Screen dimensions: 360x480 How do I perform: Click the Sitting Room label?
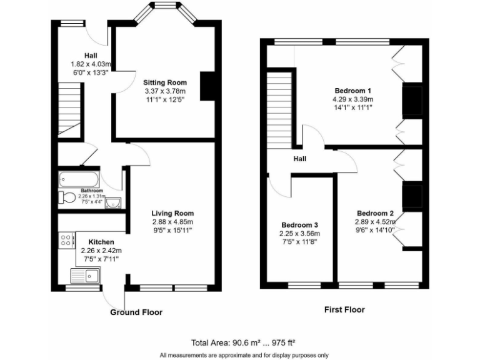pos(166,82)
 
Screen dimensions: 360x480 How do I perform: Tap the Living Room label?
pos(172,213)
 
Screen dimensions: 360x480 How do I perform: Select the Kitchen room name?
pos(101,242)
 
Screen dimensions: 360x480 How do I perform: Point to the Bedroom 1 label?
pos(353,90)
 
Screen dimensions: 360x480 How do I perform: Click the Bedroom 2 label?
pos(375,212)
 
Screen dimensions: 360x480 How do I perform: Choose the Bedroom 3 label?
pos(299,225)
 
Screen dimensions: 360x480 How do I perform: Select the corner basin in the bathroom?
pos(112,202)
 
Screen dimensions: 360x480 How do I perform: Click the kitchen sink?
pos(86,274)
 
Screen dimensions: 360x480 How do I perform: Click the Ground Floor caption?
pos(136,312)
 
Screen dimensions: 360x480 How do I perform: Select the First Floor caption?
pos(344,309)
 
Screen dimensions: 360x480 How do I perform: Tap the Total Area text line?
pos(243,342)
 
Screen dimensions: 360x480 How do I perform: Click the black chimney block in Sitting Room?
pos(206,86)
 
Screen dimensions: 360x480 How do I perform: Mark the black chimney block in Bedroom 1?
pos(411,101)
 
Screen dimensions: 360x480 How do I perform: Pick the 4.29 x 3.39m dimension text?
pos(353,99)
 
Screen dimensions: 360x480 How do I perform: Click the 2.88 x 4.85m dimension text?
pos(172,222)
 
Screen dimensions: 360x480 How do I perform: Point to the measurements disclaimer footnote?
pos(244,355)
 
